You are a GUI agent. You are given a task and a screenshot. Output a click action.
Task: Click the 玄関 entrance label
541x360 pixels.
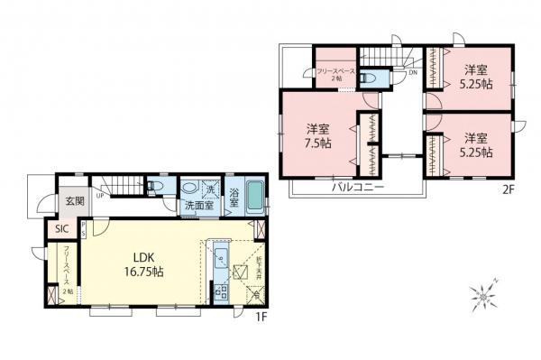click(73, 201)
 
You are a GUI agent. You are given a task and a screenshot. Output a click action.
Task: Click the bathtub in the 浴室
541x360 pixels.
click(253, 198)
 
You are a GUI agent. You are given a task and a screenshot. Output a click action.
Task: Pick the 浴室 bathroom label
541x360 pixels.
click(234, 196)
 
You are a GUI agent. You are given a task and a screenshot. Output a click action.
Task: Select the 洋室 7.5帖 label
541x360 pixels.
click(316, 136)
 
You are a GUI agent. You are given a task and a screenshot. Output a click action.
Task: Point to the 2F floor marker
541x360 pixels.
click(508, 189)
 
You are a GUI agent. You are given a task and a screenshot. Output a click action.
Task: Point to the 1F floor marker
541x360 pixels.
click(258, 317)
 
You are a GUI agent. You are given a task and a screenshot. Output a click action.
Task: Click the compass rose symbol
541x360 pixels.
click(483, 293)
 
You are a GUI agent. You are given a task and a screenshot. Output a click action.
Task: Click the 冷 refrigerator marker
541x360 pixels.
click(255, 294)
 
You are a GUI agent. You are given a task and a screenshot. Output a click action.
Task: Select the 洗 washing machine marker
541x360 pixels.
click(209, 190)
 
